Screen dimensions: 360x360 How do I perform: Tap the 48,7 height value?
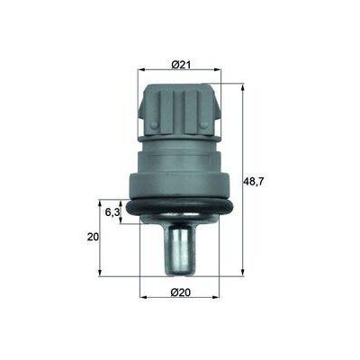coord(256,181)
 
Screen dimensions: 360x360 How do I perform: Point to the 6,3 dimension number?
coord(112,211)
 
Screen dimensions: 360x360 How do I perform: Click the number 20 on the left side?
coord(92,237)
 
